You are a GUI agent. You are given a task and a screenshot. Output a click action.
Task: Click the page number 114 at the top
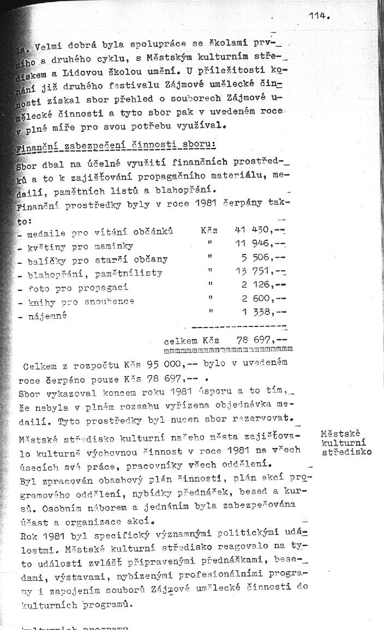(x=319, y=16)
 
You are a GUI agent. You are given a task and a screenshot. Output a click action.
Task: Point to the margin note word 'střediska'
(x=346, y=452)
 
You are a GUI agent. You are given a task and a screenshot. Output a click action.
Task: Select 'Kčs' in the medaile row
(x=209, y=231)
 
